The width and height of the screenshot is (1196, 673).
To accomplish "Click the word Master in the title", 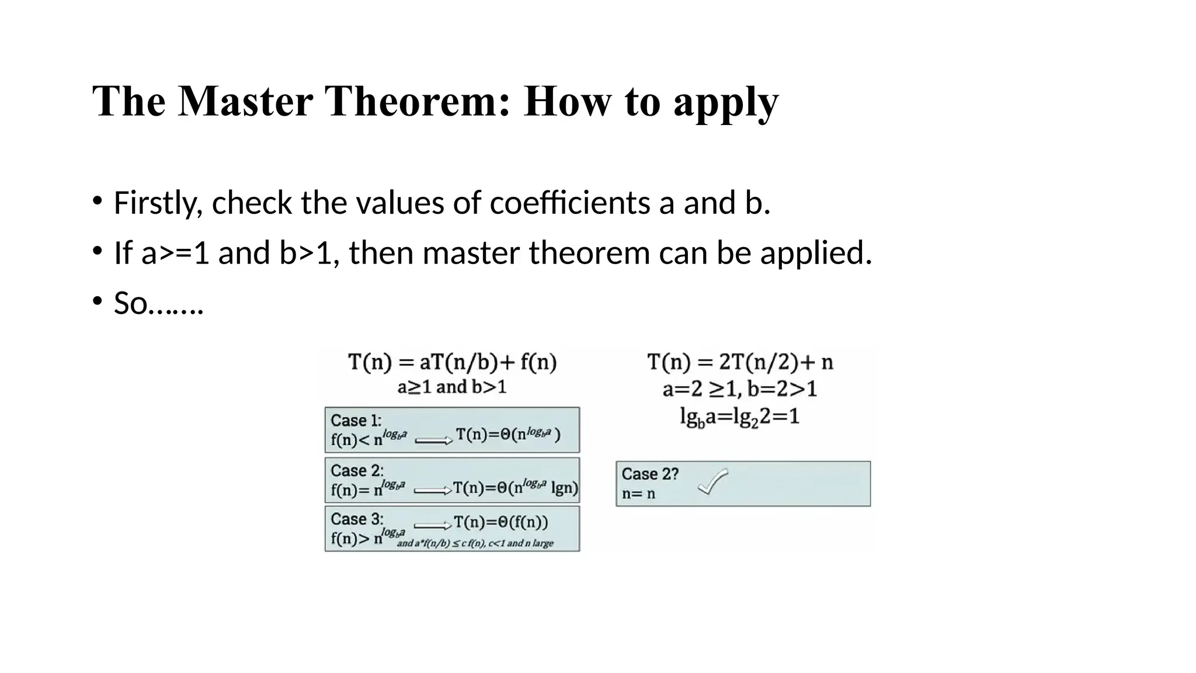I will click(245, 101).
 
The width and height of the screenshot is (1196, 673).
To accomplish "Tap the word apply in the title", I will click(725, 103).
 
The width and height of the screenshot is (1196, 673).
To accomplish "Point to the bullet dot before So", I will click(98, 301).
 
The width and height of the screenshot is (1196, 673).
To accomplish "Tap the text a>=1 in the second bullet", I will click(175, 253).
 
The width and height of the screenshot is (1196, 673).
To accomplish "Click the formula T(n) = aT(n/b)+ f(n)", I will click(452, 362).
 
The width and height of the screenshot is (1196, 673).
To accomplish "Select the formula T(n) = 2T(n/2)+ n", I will click(740, 362).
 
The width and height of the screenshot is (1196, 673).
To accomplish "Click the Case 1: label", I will click(356, 420).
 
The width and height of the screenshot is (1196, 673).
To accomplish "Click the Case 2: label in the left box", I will click(357, 470).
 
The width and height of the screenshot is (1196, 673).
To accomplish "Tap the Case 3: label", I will click(357, 519).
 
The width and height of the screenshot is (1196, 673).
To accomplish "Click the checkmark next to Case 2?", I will click(713, 481).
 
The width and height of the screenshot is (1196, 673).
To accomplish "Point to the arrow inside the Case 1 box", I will click(433, 440).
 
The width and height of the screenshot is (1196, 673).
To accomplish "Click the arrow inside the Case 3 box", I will click(432, 525).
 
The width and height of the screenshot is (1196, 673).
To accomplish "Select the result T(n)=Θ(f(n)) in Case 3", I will click(500, 522).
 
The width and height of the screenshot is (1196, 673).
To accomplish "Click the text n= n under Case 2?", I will click(638, 494).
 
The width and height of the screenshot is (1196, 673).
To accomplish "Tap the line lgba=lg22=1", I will click(739, 417).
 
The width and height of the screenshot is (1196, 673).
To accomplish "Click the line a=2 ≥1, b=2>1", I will click(739, 388).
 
